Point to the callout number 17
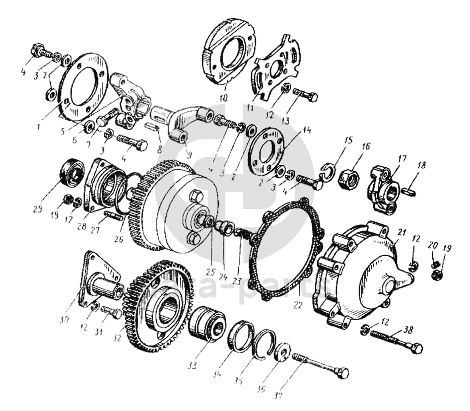coord(401,159)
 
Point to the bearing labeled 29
coord(70,172)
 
